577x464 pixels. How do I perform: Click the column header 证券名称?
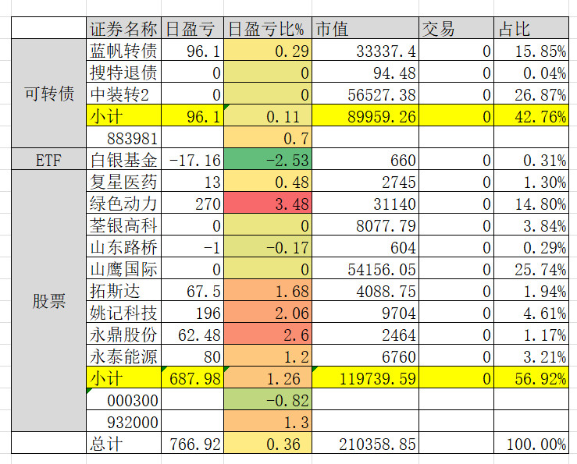tap(123, 30)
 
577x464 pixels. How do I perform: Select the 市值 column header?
tap(332, 30)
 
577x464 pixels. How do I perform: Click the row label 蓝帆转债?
tap(123, 51)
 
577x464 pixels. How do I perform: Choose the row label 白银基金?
tap(123, 161)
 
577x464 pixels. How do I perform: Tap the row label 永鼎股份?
tap(123, 335)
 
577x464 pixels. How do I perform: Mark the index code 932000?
tap(133, 423)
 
